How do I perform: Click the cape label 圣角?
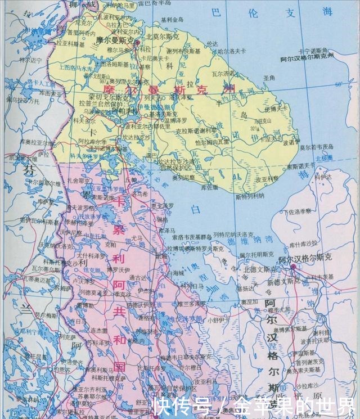click(267, 77)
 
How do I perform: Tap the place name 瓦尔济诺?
click(224, 73)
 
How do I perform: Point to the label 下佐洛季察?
click(296, 211)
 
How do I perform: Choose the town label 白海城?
click(176, 272)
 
